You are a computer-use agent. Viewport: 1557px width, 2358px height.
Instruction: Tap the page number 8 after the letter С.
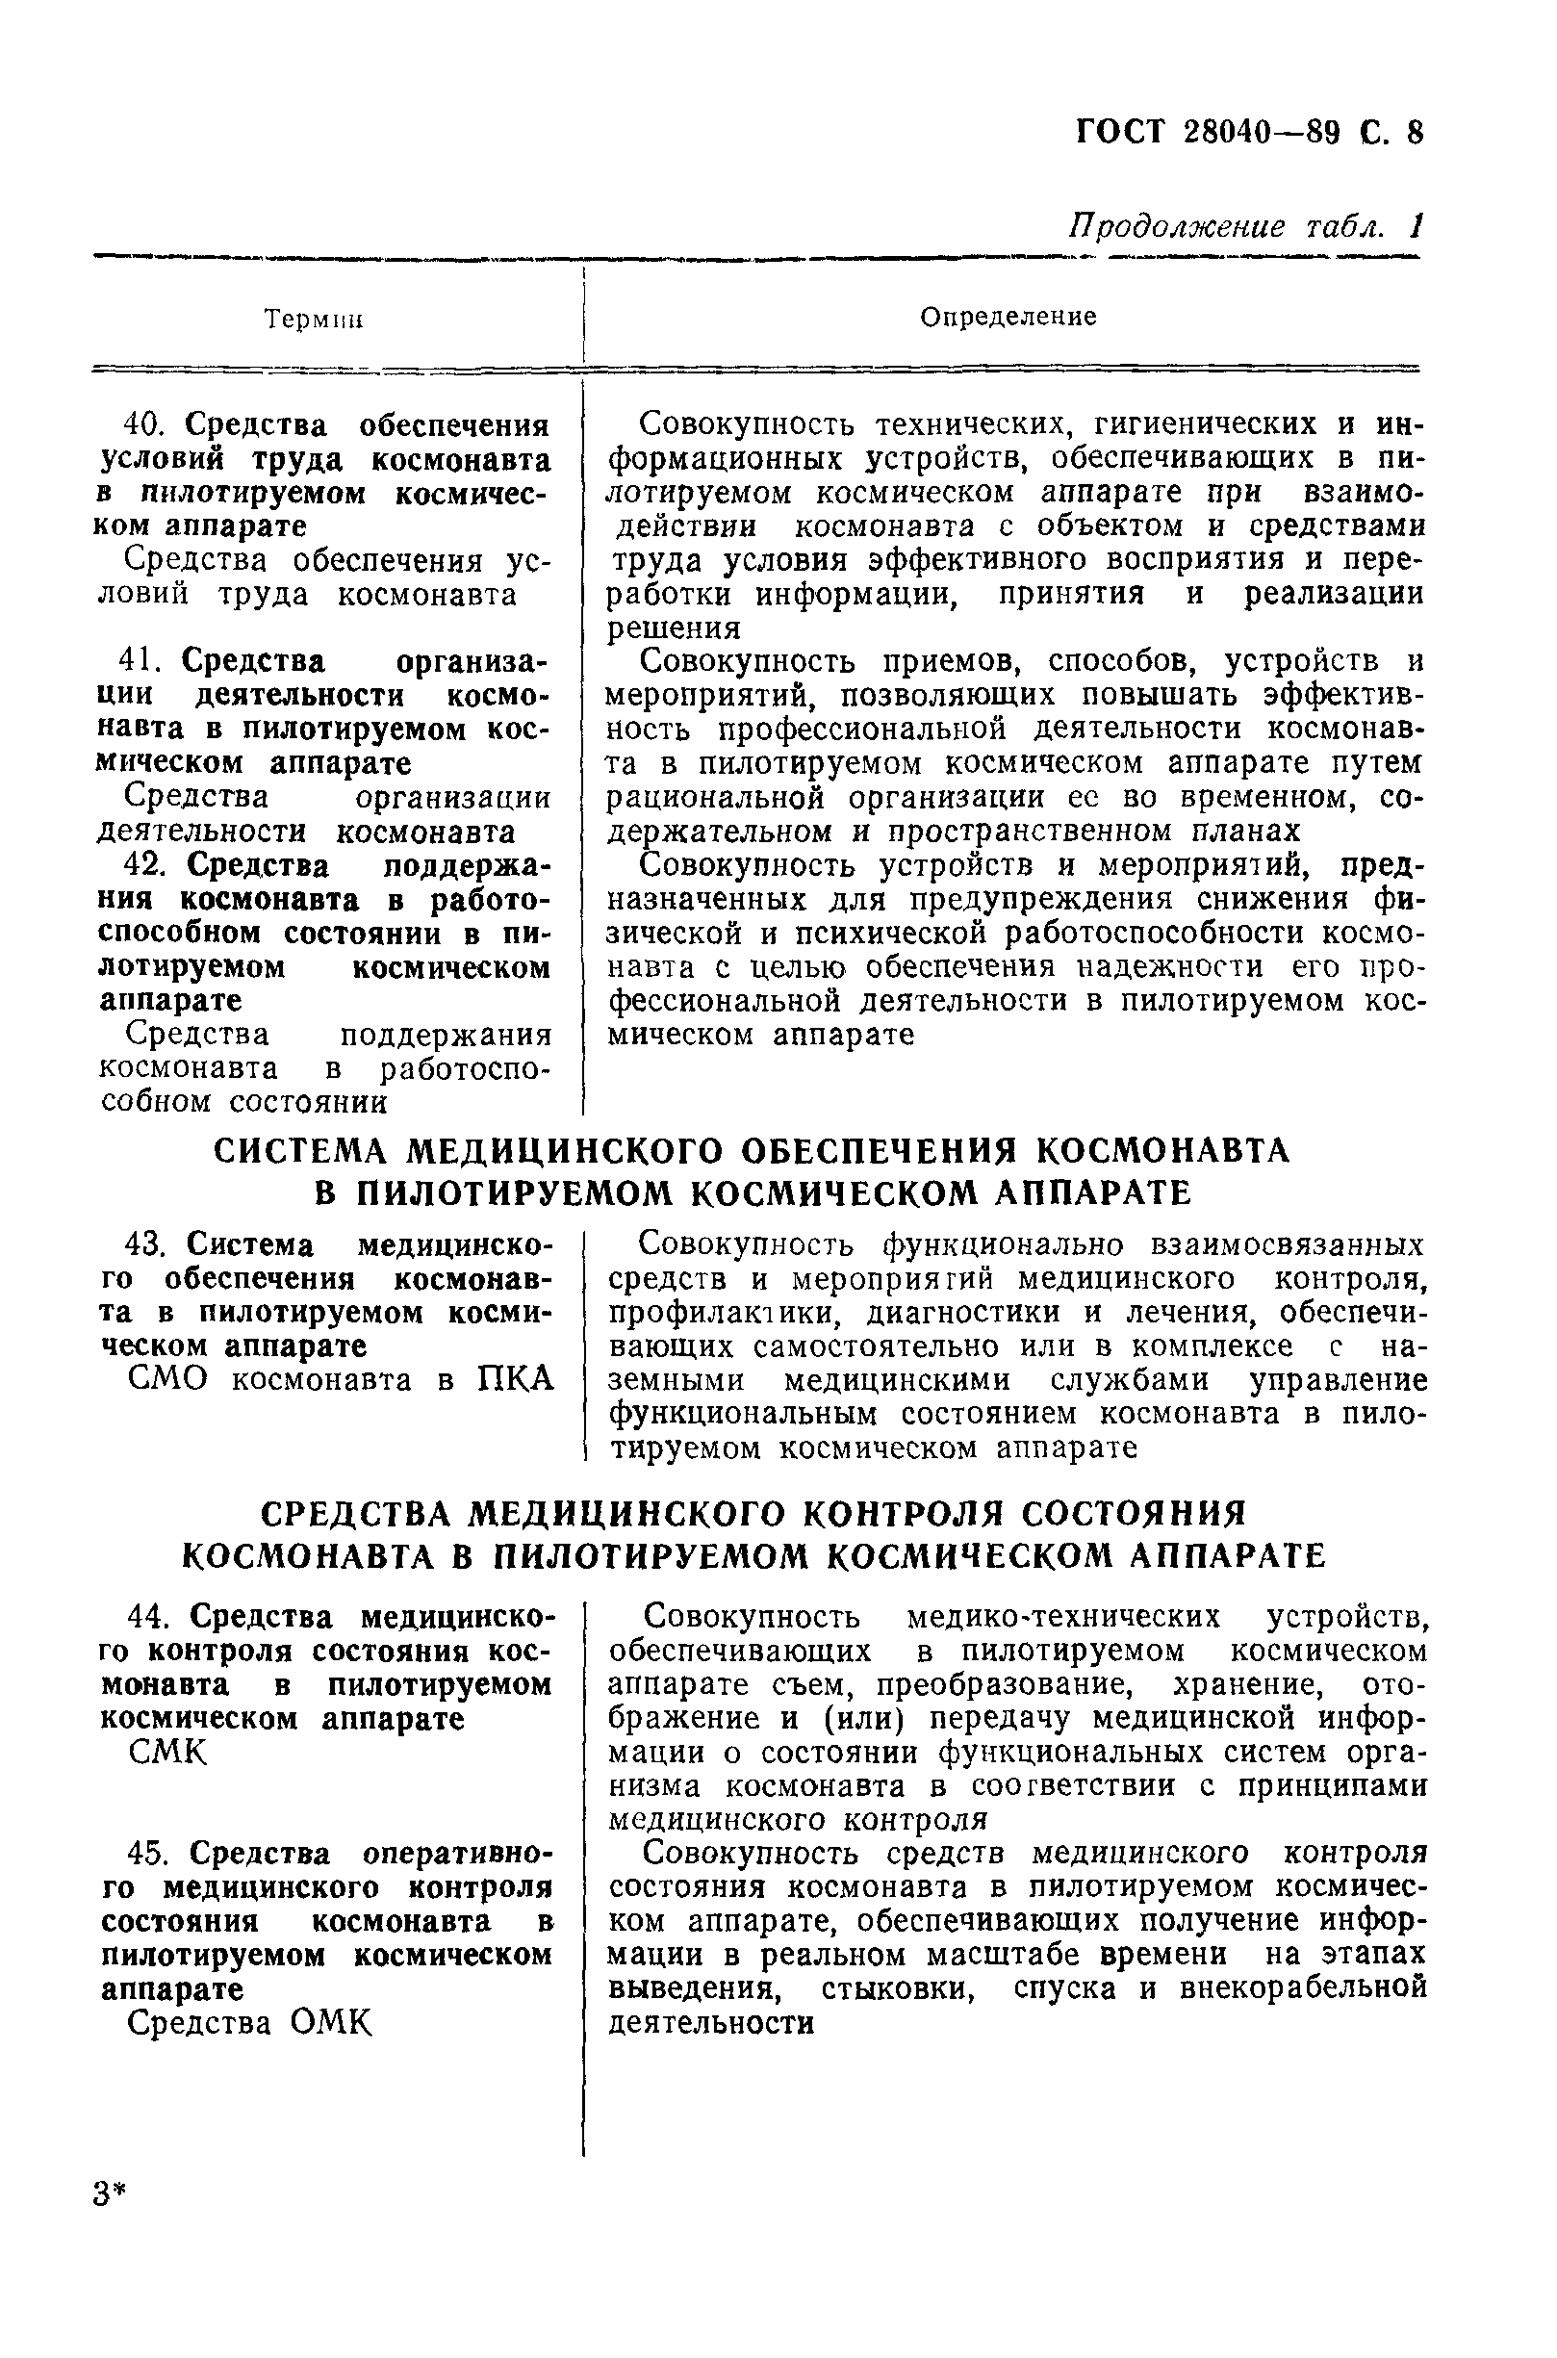click(x=1413, y=131)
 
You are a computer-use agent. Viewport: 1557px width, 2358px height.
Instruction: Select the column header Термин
click(x=313, y=320)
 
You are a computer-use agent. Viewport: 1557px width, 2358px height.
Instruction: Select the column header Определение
click(x=1007, y=317)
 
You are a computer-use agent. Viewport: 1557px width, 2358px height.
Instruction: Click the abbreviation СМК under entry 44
click(x=167, y=1754)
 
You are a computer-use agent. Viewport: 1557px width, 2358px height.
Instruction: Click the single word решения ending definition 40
click(x=675, y=629)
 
